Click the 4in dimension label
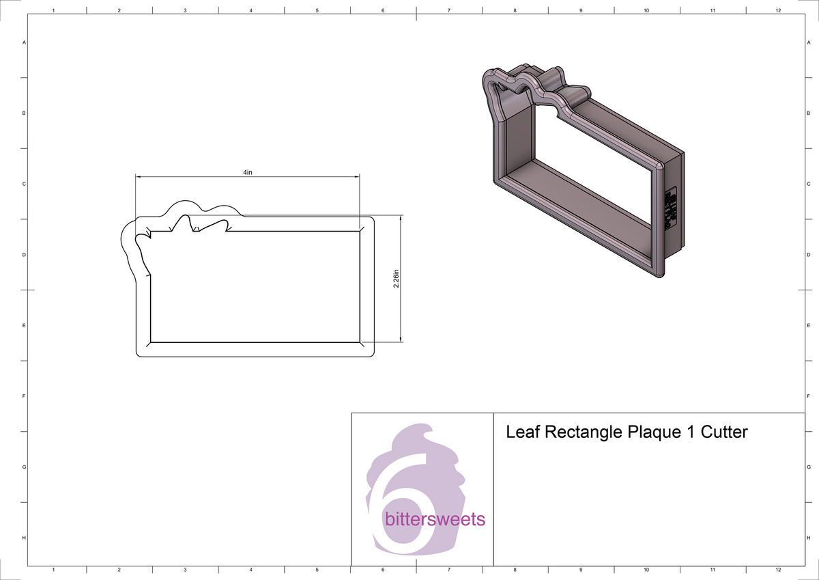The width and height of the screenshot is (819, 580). (248, 172)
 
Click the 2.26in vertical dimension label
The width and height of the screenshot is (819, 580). (396, 278)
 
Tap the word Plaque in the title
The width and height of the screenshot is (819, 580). (651, 432)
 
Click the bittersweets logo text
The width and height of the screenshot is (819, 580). (435, 520)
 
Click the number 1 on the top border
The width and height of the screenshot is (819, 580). (53, 10)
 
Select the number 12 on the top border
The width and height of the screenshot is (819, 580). (778, 10)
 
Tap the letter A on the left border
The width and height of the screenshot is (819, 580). (25, 42)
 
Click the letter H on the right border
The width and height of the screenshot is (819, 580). (808, 538)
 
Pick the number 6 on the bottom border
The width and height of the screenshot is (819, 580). (383, 569)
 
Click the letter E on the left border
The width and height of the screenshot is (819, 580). (25, 325)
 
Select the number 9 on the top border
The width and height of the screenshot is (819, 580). (580, 10)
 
